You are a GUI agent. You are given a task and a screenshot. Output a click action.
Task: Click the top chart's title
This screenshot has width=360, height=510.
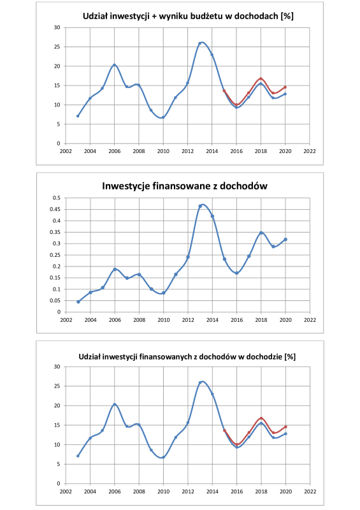click(188, 17)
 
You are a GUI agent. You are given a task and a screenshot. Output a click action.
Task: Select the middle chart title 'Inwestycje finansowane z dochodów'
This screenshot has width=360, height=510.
click(185, 186)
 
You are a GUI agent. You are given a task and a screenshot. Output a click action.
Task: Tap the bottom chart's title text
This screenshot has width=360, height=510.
click(187, 357)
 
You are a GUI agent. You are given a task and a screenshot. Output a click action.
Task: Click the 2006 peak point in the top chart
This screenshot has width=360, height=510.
click(114, 65)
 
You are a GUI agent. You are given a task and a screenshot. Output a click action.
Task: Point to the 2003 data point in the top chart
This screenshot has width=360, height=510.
click(78, 116)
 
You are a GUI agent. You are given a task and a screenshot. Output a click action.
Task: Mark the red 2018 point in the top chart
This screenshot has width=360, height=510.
click(261, 78)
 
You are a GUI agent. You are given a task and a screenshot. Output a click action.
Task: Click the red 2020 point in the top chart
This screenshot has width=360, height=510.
click(285, 87)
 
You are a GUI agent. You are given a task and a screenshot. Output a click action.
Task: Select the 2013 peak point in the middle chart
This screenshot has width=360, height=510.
click(200, 206)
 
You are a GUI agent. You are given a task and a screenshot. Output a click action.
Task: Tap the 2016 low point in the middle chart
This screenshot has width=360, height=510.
click(237, 273)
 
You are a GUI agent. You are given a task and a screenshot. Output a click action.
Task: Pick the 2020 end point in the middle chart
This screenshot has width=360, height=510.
click(285, 240)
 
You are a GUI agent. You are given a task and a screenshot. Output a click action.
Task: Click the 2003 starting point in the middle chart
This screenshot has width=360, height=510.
click(78, 302)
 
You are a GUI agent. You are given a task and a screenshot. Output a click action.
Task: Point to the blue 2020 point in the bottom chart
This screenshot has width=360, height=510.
click(285, 433)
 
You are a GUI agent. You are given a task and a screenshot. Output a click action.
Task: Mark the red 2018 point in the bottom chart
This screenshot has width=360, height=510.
click(261, 418)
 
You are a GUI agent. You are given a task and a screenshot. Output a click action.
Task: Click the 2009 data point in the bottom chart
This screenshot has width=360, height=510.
click(151, 450)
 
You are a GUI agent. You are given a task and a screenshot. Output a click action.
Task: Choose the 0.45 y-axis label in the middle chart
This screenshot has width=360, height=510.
click(55, 209)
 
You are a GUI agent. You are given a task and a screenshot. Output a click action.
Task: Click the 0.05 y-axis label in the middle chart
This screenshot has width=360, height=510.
click(55, 300)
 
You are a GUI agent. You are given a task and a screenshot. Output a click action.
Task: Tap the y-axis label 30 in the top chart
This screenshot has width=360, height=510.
click(57, 27)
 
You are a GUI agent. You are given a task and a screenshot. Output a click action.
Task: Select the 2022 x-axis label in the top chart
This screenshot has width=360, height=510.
click(310, 151)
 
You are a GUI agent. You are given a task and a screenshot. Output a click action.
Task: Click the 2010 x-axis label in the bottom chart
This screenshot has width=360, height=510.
click(164, 491)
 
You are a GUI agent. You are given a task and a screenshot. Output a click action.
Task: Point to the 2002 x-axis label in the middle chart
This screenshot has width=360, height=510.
click(66, 320)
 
